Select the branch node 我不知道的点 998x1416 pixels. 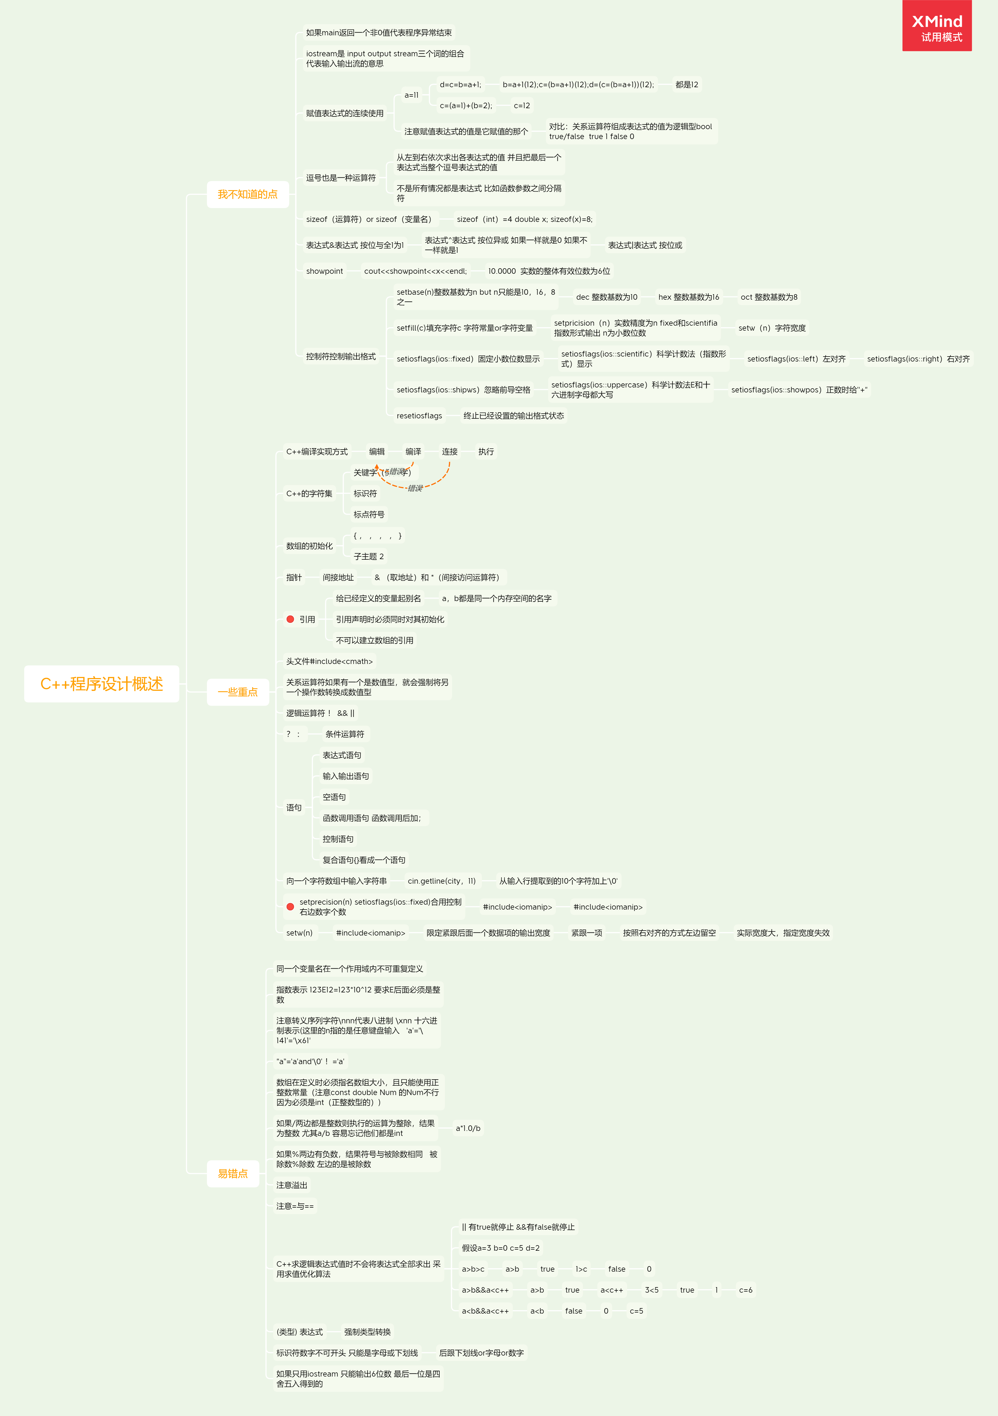pyautogui.click(x=247, y=194)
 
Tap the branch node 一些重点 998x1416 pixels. pyautogui.click(x=237, y=692)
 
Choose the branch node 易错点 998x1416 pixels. pyautogui.click(x=232, y=1174)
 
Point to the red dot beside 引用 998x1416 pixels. pyautogui.click(x=290, y=619)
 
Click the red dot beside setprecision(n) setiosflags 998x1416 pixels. pyautogui.click(x=290, y=907)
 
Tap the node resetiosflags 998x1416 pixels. pyautogui.click(x=419, y=416)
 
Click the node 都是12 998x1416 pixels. pyautogui.click(x=687, y=84)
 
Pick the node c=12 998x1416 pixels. pyautogui.click(x=522, y=105)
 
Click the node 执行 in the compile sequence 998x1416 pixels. pyautogui.click(x=486, y=451)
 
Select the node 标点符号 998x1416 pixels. pyautogui.click(x=369, y=514)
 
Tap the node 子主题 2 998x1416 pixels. pyautogui.click(x=369, y=556)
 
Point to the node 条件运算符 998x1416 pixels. pyautogui.click(x=345, y=734)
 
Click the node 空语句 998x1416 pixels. pyautogui.click(x=334, y=797)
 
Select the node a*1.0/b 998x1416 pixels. pyautogui.click(x=468, y=1128)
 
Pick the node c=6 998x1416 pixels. pyautogui.click(x=746, y=1290)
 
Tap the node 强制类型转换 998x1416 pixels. pyautogui.click(x=368, y=1332)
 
